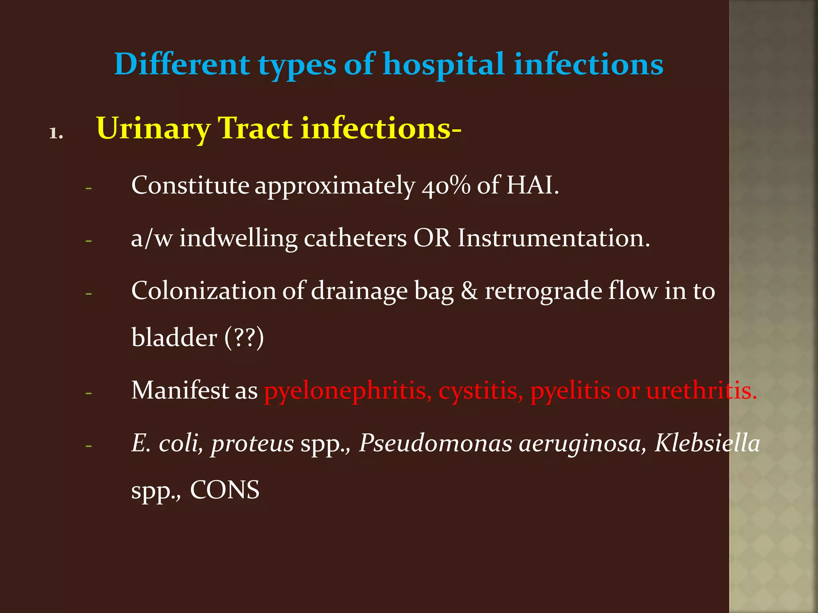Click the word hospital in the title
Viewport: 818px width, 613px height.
coord(443,65)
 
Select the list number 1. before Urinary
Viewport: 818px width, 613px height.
coord(56,133)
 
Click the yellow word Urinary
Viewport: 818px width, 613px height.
coord(153,129)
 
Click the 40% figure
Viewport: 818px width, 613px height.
coord(446,186)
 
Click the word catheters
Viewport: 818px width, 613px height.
coord(355,239)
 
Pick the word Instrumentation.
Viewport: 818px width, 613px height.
coord(554,239)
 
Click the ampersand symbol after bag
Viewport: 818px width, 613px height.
coord(469,291)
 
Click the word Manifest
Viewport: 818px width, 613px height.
coord(179,390)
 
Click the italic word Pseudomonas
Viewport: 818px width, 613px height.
coord(435,443)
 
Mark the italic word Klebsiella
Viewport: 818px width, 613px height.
coord(707,443)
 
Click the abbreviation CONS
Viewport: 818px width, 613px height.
coord(224,490)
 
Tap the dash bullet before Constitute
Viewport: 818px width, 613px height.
coord(89,188)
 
